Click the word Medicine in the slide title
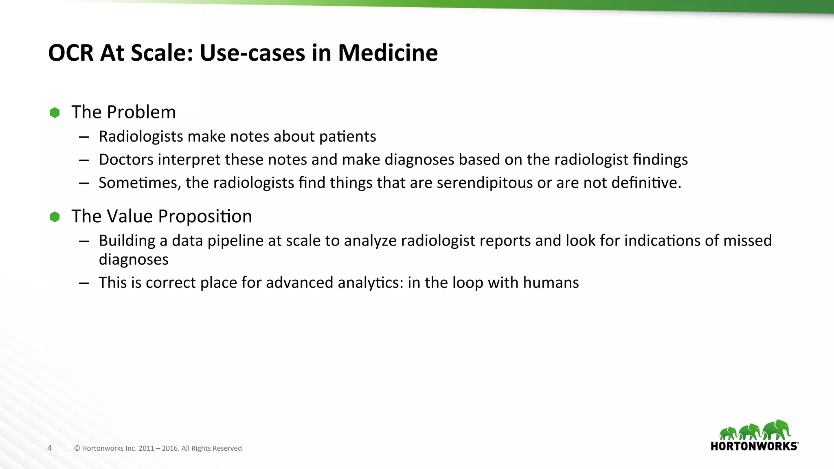tap(387, 53)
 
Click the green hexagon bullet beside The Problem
tap(55, 112)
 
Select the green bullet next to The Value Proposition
tap(55, 217)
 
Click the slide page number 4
tap(50, 448)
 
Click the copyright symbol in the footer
tap(77, 448)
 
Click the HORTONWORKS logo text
tap(754, 446)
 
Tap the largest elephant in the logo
tap(777, 430)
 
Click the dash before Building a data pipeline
tap(84, 241)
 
